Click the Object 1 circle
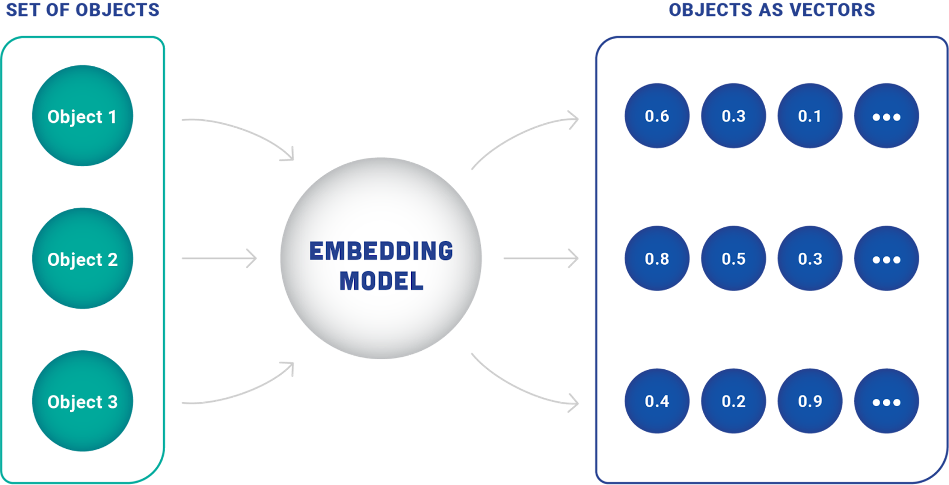83,116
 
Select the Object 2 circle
83,258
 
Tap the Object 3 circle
83,401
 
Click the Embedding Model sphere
381,258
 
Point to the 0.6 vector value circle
657,116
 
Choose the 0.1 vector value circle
810,116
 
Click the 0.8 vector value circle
657,258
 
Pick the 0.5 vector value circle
733,258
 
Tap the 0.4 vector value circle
657,401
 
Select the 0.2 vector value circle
733,401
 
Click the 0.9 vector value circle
810,401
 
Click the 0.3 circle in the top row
733,116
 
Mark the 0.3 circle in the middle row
810,258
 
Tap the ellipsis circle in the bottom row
887,401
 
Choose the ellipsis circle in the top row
887,116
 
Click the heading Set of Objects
83,10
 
